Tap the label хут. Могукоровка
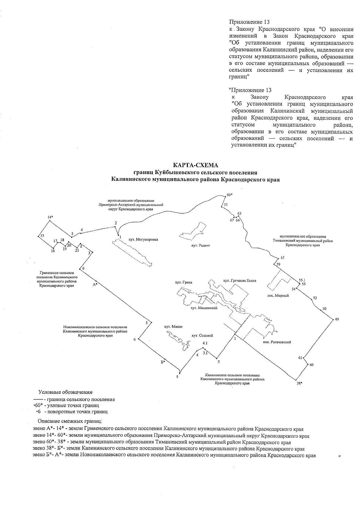(143, 240)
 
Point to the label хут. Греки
(183, 282)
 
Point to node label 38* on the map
(299, 383)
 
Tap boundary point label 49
(337, 320)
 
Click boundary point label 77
(226, 205)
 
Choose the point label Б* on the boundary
(162, 362)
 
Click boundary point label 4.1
(205, 343)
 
